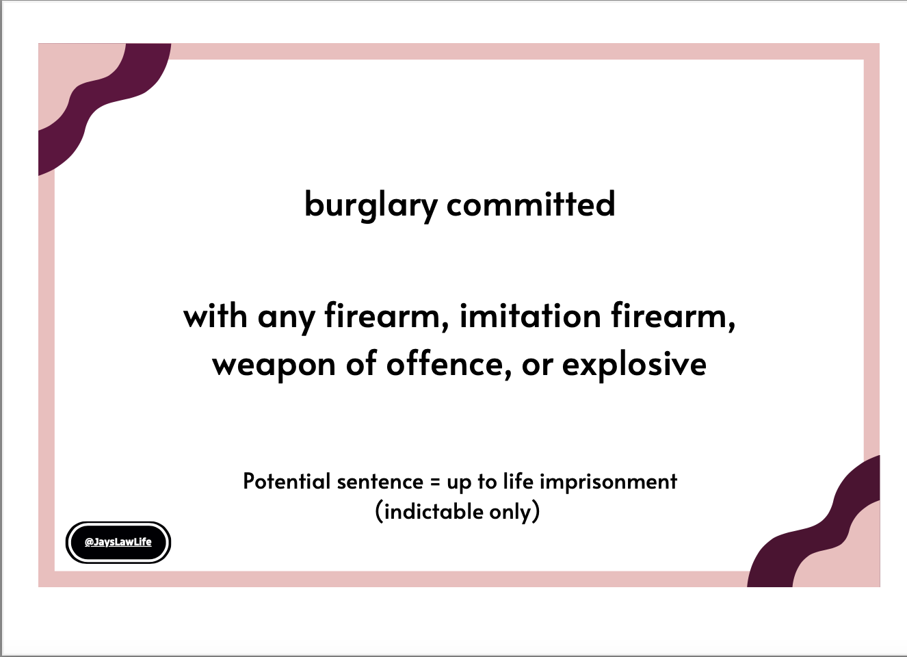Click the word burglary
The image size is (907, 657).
[x=371, y=206]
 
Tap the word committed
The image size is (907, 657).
[x=531, y=204]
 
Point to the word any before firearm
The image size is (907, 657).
[x=287, y=319]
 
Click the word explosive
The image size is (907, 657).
[x=635, y=365]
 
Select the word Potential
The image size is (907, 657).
[x=287, y=481]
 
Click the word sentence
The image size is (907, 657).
[x=380, y=482]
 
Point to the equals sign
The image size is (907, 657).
[x=435, y=482]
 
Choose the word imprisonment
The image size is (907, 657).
[x=608, y=482]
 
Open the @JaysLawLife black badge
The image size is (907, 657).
[x=118, y=543]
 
